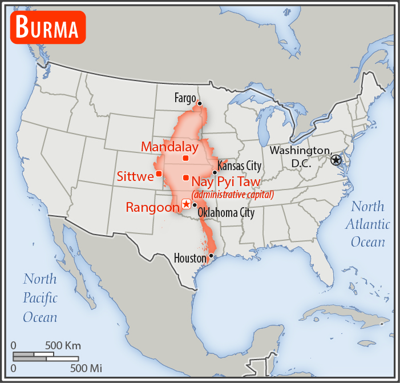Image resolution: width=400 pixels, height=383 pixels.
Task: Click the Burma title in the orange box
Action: [47, 27]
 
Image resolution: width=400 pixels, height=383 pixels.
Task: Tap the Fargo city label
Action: [186, 98]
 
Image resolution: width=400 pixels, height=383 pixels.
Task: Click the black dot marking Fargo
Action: [200, 103]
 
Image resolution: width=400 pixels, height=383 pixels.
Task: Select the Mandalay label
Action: [169, 147]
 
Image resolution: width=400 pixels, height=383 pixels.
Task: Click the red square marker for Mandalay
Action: [185, 158]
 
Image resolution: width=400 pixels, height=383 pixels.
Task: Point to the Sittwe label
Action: [135, 176]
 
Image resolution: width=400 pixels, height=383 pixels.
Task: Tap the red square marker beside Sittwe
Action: [159, 174]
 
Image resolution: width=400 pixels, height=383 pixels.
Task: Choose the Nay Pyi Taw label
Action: [226, 182]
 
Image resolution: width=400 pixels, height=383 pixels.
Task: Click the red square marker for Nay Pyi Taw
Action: [185, 178]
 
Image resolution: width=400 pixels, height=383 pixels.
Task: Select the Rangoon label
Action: [152, 207]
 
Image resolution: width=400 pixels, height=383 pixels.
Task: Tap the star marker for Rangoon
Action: [185, 204]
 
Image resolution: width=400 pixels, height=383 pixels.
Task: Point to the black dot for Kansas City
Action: [215, 172]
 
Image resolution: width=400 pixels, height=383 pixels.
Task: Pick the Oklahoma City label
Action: [226, 213]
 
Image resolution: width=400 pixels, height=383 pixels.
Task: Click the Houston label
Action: [190, 259]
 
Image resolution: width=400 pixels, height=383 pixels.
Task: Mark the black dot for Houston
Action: [211, 255]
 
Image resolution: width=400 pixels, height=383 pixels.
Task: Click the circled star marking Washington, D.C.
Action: [336, 160]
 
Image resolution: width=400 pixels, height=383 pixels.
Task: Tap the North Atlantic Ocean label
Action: [368, 224]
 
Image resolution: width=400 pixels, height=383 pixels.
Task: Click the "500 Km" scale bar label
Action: [63, 345]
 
